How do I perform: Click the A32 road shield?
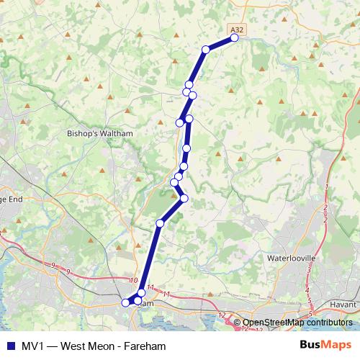(235, 29)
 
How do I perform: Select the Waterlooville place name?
(292, 258)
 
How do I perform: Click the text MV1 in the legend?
(32, 346)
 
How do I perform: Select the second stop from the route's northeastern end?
(206, 49)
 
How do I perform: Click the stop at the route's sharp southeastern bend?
(184, 198)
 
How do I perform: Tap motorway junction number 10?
(133, 280)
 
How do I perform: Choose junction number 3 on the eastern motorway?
(309, 270)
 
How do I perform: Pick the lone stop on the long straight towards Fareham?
(160, 223)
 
